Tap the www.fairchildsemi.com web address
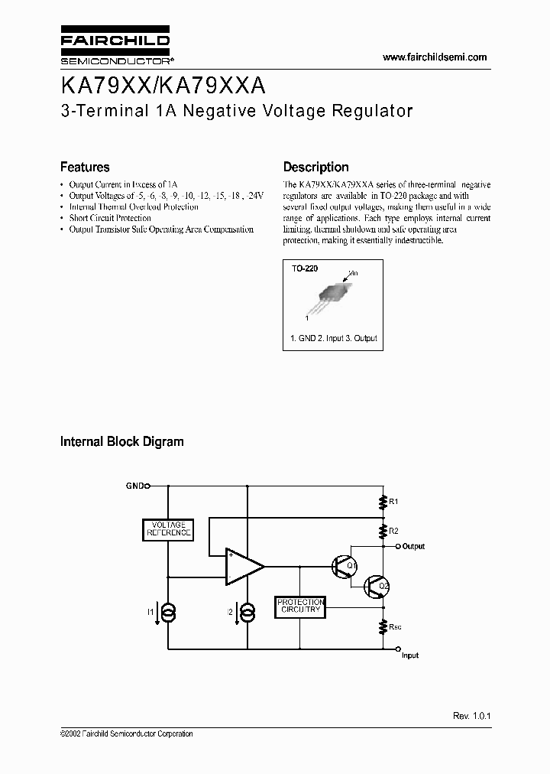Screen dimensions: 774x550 tap(434, 57)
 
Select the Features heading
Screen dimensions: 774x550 tap(85, 167)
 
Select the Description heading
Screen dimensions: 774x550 tap(315, 167)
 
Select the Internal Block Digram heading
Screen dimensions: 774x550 tap(121, 441)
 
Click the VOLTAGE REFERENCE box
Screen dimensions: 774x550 tap(168, 528)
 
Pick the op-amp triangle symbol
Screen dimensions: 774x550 tap(242, 567)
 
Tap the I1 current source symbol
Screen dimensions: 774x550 tap(169, 613)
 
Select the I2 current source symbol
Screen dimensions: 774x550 tap(247, 613)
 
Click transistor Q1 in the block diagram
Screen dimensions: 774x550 tap(341, 567)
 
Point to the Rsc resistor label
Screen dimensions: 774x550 tap(395, 626)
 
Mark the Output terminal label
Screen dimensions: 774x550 tap(413, 547)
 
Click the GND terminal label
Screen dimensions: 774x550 tap(134, 485)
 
